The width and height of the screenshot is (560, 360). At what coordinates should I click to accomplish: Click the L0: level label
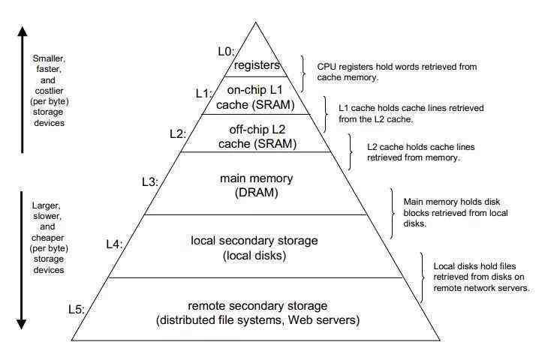coord(226,52)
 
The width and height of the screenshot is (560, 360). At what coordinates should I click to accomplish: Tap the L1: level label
coord(204,94)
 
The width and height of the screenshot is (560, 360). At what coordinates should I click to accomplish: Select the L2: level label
coord(178,133)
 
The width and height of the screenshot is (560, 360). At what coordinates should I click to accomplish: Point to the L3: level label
coord(150,181)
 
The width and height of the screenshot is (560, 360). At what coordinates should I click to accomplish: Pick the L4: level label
coord(114,244)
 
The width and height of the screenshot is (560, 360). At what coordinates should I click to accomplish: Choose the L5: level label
coord(77,309)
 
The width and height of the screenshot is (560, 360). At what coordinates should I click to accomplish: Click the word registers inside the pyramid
coord(257,65)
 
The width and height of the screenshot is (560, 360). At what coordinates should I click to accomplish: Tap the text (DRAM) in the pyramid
coord(257,193)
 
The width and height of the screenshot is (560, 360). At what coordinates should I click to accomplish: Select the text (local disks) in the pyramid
coord(254,256)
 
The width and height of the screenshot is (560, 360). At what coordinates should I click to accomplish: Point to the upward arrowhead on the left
coord(23,31)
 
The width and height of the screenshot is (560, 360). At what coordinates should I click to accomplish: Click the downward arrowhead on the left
coord(22,324)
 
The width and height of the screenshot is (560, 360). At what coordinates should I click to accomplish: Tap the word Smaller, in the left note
coord(49,58)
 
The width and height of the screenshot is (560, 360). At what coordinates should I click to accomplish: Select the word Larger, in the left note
coord(47,205)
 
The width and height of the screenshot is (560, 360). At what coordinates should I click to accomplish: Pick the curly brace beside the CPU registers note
coord(303,73)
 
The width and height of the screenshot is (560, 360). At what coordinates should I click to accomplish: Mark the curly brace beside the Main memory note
coord(393,213)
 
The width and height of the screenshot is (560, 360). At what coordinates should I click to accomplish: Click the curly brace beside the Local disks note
coord(422,277)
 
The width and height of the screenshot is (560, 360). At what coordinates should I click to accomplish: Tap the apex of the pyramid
coord(255,22)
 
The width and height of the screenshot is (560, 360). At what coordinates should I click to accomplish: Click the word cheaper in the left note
coord(48,238)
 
